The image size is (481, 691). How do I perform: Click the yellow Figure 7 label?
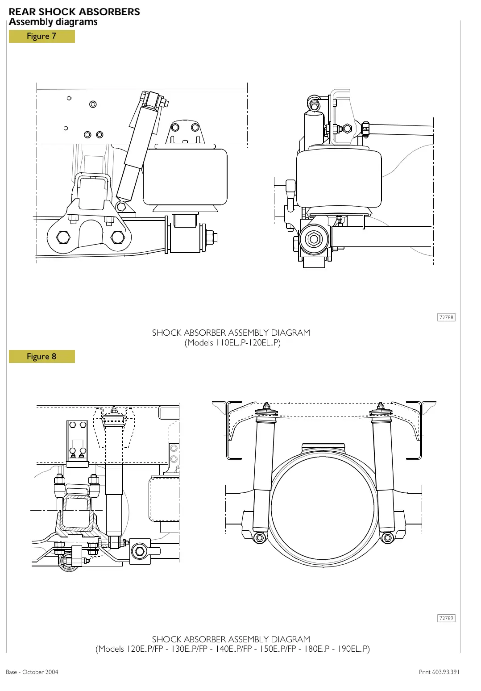coord(41,36)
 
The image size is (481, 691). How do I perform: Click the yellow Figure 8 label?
coord(41,356)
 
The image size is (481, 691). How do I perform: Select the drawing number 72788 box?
coord(446,317)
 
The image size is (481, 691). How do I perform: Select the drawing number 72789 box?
coord(446,618)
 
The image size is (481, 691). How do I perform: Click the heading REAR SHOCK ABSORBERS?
coord(74,12)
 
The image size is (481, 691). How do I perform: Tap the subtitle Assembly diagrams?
coord(53,22)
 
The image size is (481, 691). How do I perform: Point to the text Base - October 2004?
coord(32,672)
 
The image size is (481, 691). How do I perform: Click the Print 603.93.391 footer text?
coord(439,672)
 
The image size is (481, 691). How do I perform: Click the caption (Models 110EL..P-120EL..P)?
coord(232,343)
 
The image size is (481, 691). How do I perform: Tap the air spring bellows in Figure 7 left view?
coord(185,177)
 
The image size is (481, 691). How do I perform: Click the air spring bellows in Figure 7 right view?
coord(339,179)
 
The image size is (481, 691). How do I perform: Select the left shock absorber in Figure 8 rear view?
coord(262,473)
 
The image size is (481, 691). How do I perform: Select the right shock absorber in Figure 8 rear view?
coord(383,473)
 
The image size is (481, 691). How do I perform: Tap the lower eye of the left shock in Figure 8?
coord(259,538)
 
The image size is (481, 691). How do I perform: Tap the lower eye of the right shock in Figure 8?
coord(387,538)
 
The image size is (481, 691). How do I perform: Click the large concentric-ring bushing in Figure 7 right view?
coord(314,239)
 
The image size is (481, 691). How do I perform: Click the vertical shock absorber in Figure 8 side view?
coord(114,482)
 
